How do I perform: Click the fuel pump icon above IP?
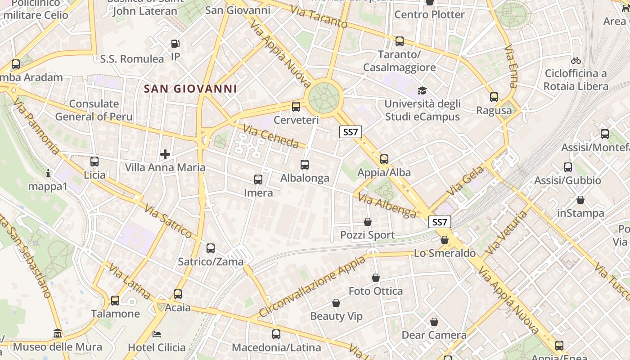(x=175, y=44)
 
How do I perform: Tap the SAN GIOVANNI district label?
(x=190, y=89)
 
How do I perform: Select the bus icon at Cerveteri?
(x=296, y=107)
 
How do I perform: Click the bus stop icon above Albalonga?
(x=305, y=165)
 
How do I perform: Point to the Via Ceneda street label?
(x=271, y=137)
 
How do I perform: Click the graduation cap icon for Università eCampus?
(x=422, y=90)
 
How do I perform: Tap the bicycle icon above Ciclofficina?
(x=576, y=60)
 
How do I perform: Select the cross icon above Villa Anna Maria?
(x=165, y=154)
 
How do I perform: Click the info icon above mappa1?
(x=48, y=173)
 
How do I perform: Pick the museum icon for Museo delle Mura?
(x=58, y=333)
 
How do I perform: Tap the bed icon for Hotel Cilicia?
(x=157, y=334)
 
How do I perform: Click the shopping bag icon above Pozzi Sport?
(x=368, y=222)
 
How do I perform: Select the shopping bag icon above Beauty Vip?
(x=336, y=303)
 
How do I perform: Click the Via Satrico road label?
(x=168, y=221)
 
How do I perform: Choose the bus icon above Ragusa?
(x=494, y=97)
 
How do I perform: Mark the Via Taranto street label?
(x=319, y=17)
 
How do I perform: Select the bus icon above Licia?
(x=94, y=162)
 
